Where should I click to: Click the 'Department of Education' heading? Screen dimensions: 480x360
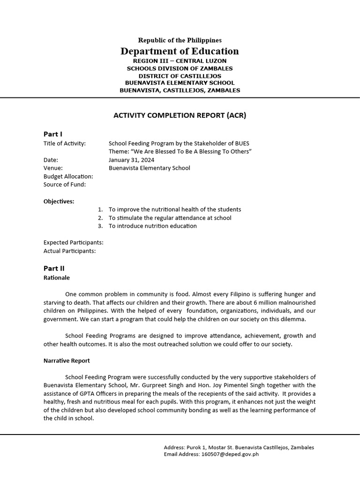point(180,51)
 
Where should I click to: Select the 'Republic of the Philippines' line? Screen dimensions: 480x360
point(180,40)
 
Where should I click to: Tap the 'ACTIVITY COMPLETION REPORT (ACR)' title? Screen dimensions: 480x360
point(180,115)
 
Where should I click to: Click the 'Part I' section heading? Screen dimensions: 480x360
point(52,135)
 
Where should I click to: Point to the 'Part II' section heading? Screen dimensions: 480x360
point(54,269)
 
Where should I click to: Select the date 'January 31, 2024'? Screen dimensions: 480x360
point(131,160)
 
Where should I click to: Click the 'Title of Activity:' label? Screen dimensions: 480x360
point(65,143)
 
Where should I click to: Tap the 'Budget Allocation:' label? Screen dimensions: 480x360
point(68,176)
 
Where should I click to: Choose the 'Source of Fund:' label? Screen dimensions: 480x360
point(64,185)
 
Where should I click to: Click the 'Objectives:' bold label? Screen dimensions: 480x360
point(59,202)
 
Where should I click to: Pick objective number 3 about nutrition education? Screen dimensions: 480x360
point(152,226)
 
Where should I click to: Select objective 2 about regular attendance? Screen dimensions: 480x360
point(170,218)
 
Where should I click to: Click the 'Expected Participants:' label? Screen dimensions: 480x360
point(74,242)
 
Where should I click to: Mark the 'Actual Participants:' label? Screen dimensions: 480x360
point(69,251)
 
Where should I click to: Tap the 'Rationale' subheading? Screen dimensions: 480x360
point(56,277)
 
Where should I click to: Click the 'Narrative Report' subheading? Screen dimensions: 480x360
point(67,361)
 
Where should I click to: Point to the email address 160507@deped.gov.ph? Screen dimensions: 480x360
point(230,454)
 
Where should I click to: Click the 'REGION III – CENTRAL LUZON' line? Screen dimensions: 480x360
point(180,61)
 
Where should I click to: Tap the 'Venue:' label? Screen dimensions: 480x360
point(53,168)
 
